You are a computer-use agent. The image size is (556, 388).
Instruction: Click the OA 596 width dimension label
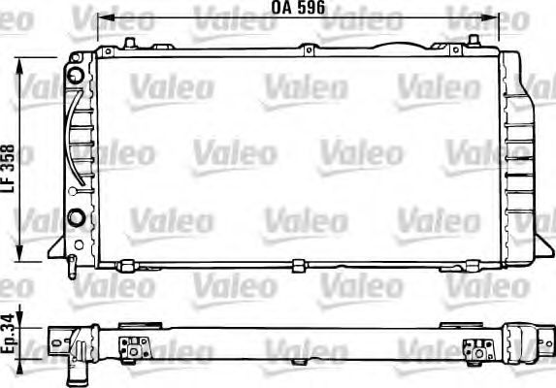tap(298, 9)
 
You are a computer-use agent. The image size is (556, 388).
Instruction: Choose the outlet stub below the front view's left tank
tap(73, 263)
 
